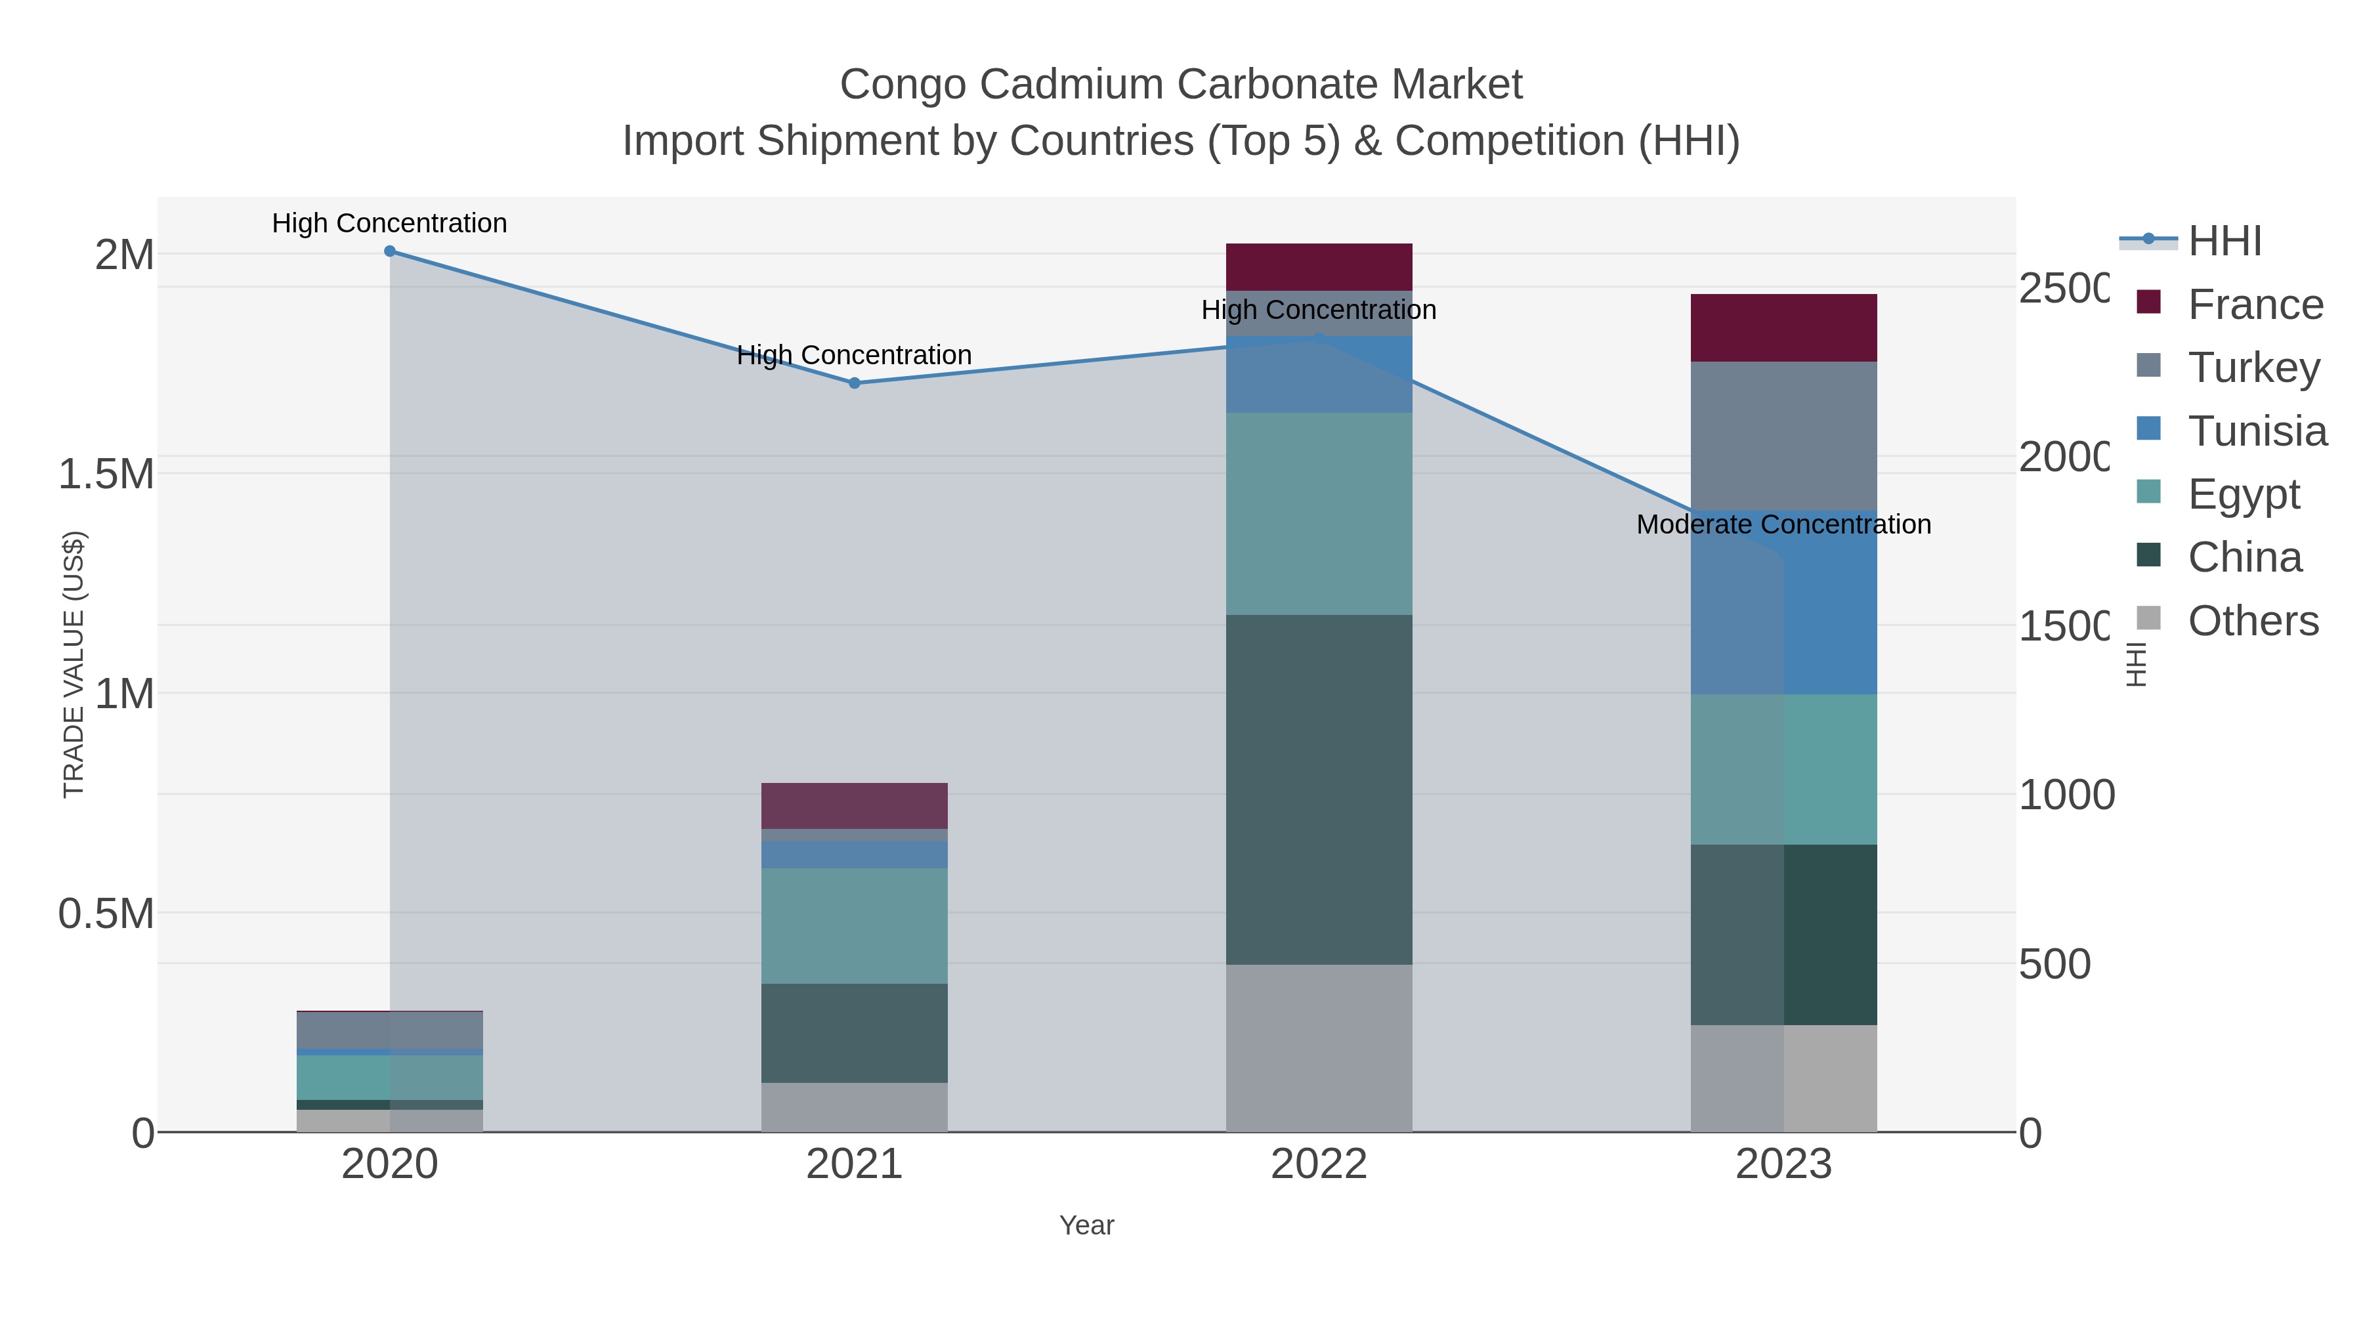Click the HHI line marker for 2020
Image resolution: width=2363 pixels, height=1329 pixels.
(x=390, y=251)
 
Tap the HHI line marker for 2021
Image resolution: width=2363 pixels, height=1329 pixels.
(x=854, y=383)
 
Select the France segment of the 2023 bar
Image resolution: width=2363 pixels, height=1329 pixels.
(x=1783, y=327)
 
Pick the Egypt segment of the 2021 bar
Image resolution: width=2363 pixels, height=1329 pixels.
(x=854, y=925)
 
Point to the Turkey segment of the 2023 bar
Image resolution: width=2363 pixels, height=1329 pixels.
(x=1783, y=436)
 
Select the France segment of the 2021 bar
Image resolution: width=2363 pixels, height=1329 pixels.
(x=854, y=805)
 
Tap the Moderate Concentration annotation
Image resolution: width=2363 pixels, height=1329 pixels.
(x=1783, y=524)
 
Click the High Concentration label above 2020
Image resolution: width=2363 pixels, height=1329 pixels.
(x=390, y=223)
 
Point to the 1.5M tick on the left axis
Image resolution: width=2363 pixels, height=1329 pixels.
(x=106, y=475)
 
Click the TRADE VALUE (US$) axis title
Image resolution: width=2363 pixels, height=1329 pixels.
(x=74, y=664)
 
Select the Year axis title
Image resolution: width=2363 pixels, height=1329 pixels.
(x=1086, y=1225)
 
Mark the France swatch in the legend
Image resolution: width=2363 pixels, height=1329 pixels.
(x=2148, y=302)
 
